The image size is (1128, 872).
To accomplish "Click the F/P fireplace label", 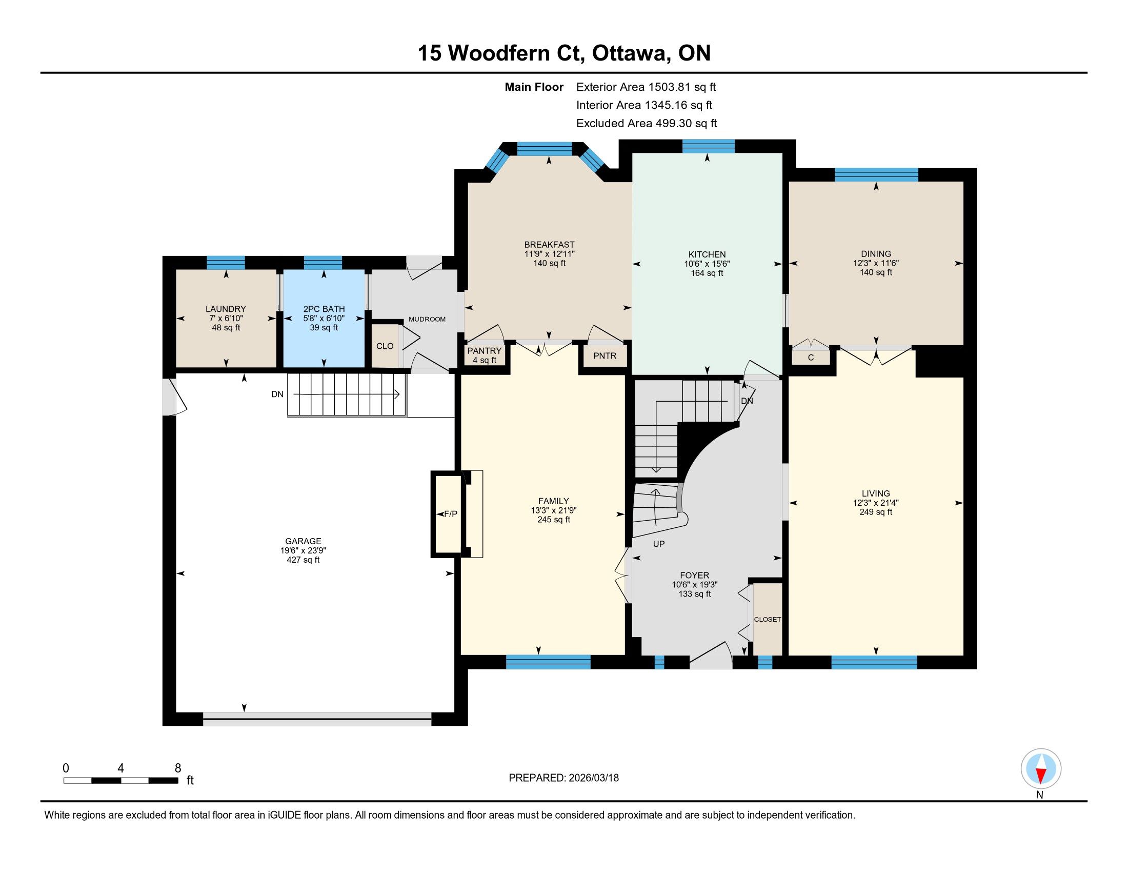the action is (450, 514).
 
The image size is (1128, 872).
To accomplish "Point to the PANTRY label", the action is (485, 351).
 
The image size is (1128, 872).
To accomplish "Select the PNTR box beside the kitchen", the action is (605, 356).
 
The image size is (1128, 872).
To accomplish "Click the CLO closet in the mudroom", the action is (385, 346).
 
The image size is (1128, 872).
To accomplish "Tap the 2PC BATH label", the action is (324, 309).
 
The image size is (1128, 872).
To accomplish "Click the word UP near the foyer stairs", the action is (658, 543).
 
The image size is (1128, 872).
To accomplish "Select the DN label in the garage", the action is (277, 394).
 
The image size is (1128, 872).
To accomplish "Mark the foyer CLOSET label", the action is (768, 620).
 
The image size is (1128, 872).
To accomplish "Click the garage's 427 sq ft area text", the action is (303, 560).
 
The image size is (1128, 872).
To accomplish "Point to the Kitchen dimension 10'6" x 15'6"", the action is (707, 264).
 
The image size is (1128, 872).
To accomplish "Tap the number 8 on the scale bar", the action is (178, 768).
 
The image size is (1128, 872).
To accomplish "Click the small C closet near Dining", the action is (811, 357).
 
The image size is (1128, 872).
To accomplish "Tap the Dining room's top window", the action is (876, 174).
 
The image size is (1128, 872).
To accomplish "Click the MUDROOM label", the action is (427, 319).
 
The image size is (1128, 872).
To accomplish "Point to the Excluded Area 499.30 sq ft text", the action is (647, 123).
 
